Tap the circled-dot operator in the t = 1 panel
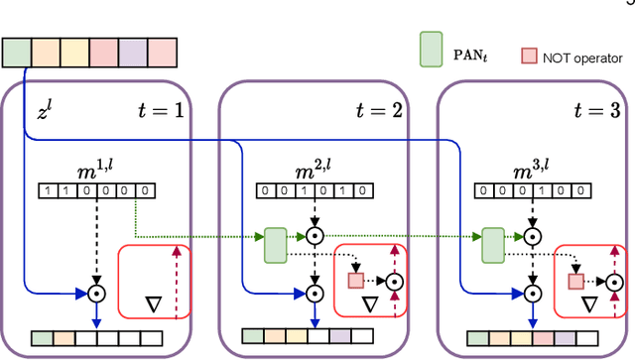tap(96, 294)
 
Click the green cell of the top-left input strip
tap(16, 51)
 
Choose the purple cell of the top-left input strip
tap(133, 51)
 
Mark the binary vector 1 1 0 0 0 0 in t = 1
tap(95, 189)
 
